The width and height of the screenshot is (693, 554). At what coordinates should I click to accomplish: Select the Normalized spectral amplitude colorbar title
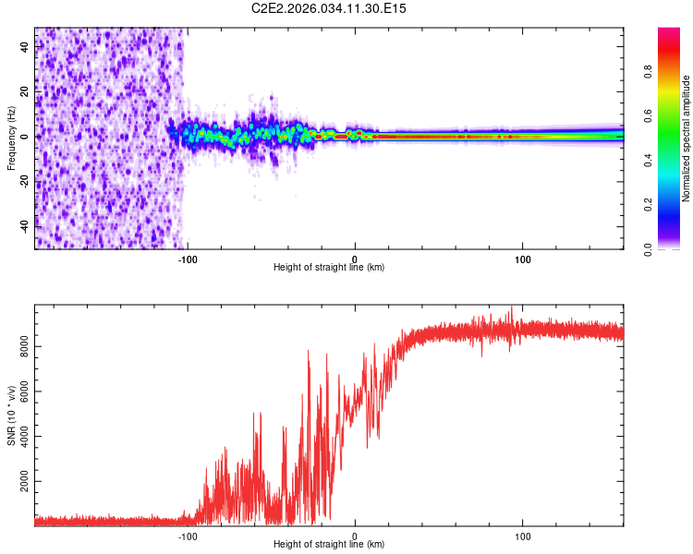pos(687,139)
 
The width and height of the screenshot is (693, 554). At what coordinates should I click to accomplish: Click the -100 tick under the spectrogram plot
pos(188,258)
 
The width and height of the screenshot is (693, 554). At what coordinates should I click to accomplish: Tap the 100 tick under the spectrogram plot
pos(523,258)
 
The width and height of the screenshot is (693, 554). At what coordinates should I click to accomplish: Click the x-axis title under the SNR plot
pos(329,545)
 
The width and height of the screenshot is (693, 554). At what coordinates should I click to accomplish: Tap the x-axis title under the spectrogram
pos(329,268)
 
